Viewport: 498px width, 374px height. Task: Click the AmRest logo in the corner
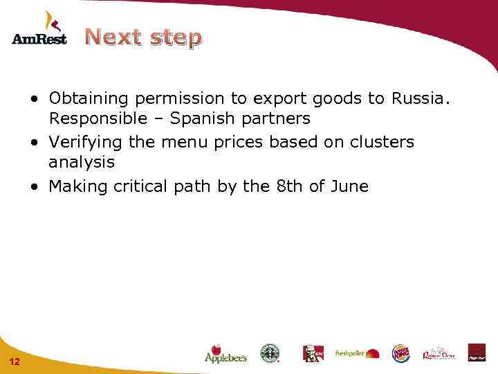tap(39, 29)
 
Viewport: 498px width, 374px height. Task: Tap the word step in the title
tap(175, 38)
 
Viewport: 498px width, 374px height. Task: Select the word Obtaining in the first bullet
tap(86, 98)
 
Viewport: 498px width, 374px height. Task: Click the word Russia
tap(420, 98)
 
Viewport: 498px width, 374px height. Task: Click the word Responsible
tap(98, 118)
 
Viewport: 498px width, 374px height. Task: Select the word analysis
tap(81, 163)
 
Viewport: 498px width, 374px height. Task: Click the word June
tap(350, 186)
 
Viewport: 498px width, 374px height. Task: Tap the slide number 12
tap(15, 362)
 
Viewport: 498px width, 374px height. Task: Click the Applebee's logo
tap(225, 353)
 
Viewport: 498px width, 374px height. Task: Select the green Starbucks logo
tap(270, 353)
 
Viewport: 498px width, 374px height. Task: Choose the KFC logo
tap(313, 353)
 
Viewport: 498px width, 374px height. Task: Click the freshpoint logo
tap(357, 353)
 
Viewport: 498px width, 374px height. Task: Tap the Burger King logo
tap(400, 353)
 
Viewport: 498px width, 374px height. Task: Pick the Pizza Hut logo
tap(477, 353)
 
